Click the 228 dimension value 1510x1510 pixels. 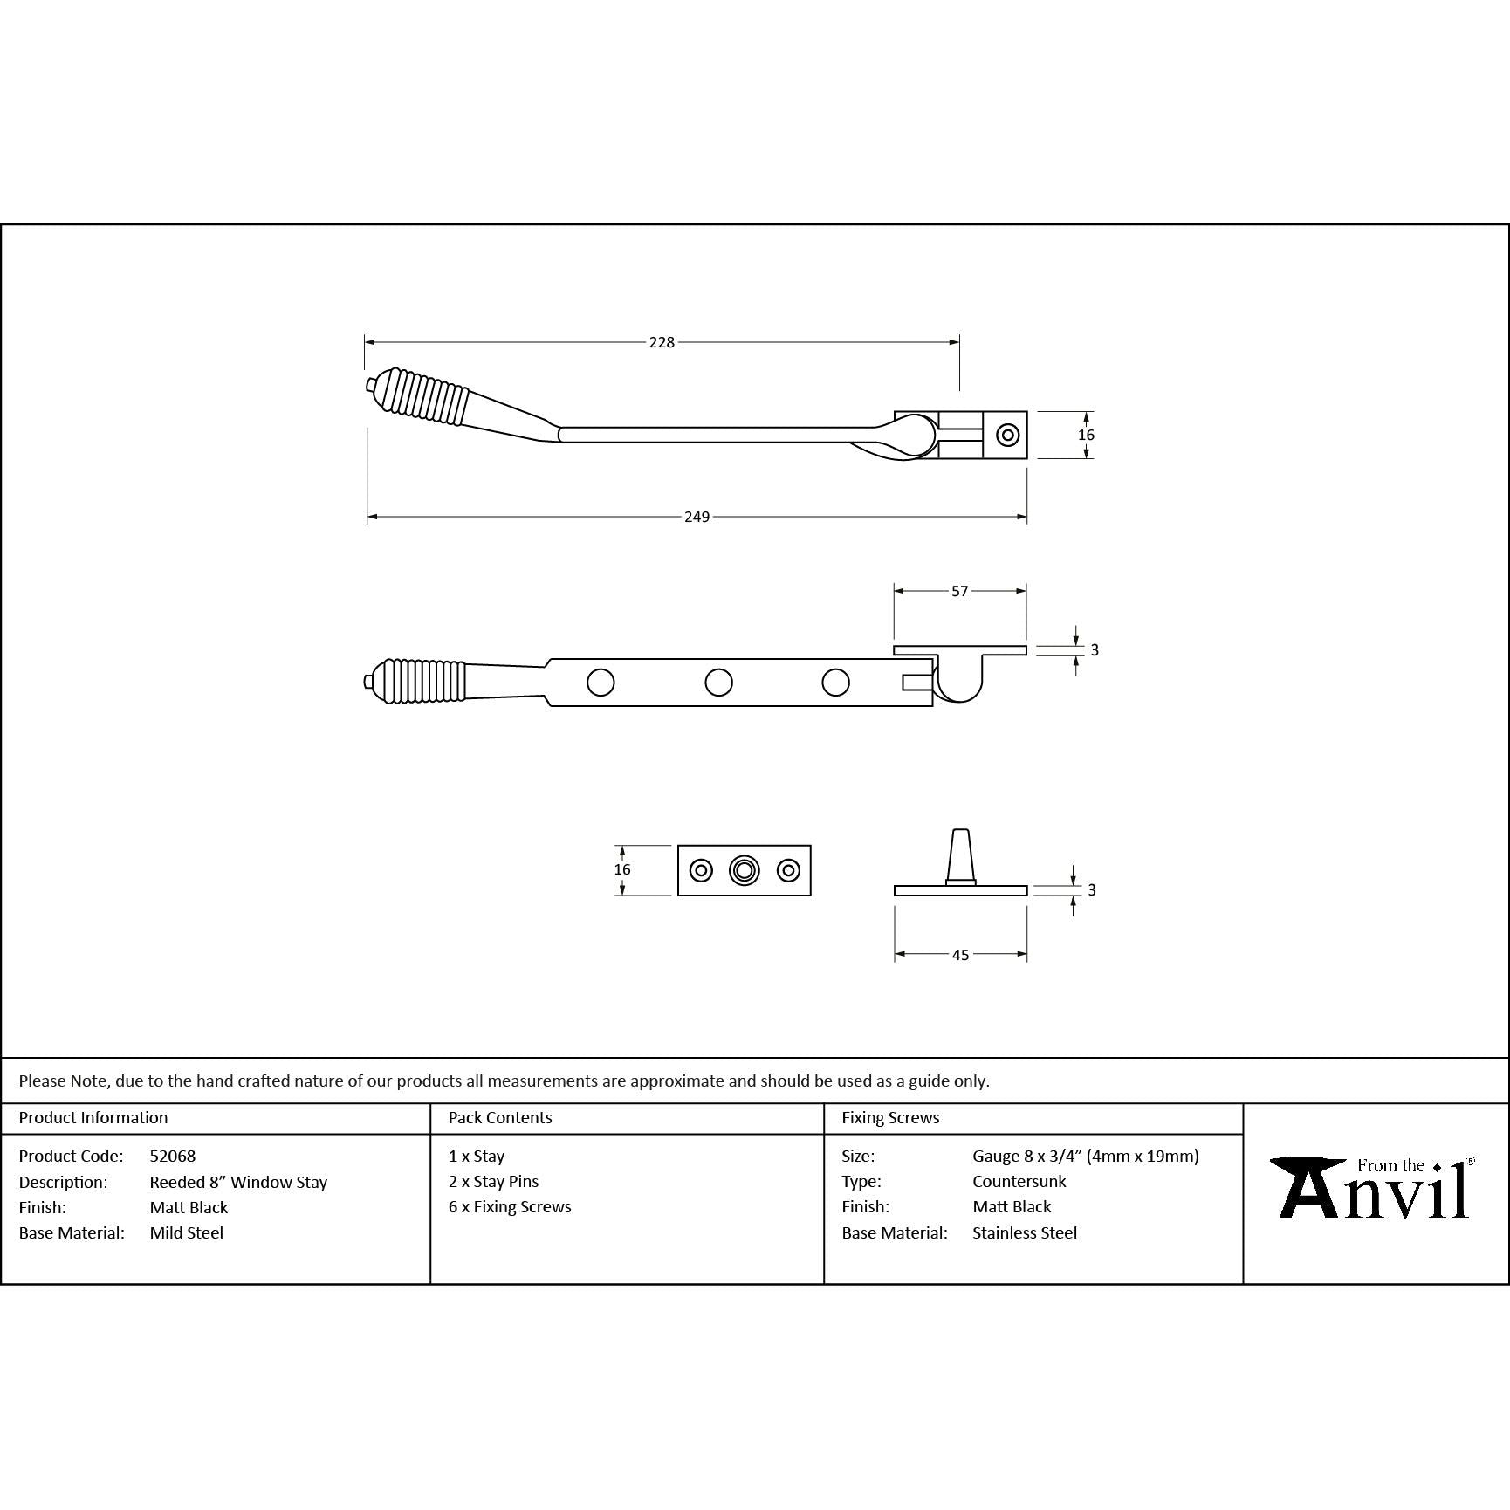(x=662, y=342)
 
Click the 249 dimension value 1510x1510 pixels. (x=697, y=517)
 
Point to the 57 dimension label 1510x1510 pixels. (x=959, y=591)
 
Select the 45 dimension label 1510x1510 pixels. (x=960, y=955)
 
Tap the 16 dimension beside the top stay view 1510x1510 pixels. (x=1086, y=435)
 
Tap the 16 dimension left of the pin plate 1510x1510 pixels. (x=621, y=869)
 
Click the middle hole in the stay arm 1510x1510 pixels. (x=718, y=683)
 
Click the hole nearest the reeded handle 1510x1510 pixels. (x=601, y=683)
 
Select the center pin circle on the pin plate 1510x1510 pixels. (x=744, y=870)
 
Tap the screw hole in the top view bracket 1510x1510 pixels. (x=1008, y=435)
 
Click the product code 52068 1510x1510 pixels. (x=173, y=1156)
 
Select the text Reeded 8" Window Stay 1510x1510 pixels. (x=238, y=1182)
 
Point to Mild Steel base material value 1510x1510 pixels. (x=187, y=1232)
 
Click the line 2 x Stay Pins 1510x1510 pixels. (x=493, y=1181)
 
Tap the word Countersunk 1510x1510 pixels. (x=1019, y=1181)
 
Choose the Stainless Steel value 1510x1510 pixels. (x=1025, y=1232)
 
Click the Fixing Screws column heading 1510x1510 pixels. (x=890, y=1117)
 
